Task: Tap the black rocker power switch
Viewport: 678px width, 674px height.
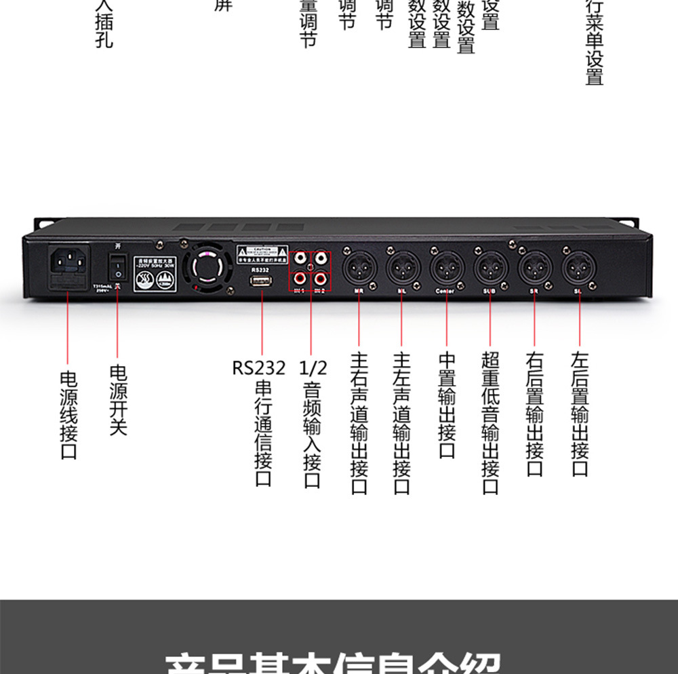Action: pyautogui.click(x=119, y=266)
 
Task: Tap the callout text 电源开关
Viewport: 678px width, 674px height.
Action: pyautogui.click(x=119, y=400)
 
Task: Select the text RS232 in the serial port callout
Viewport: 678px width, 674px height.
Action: pyautogui.click(x=259, y=368)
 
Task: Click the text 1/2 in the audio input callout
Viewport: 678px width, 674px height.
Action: pyautogui.click(x=313, y=368)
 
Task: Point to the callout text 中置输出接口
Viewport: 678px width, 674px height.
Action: pyautogui.click(x=447, y=405)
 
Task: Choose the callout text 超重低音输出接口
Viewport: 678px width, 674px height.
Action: pyautogui.click(x=490, y=422)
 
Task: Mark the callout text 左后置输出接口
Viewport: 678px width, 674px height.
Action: pyautogui.click(x=580, y=414)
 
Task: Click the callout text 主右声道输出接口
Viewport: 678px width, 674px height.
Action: pyautogui.click(x=359, y=422)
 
